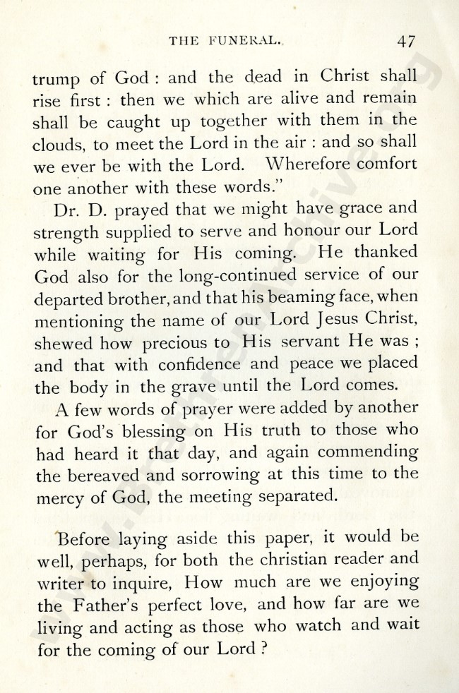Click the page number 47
pyautogui.click(x=405, y=40)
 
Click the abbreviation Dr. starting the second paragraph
pyautogui.click(x=65, y=210)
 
